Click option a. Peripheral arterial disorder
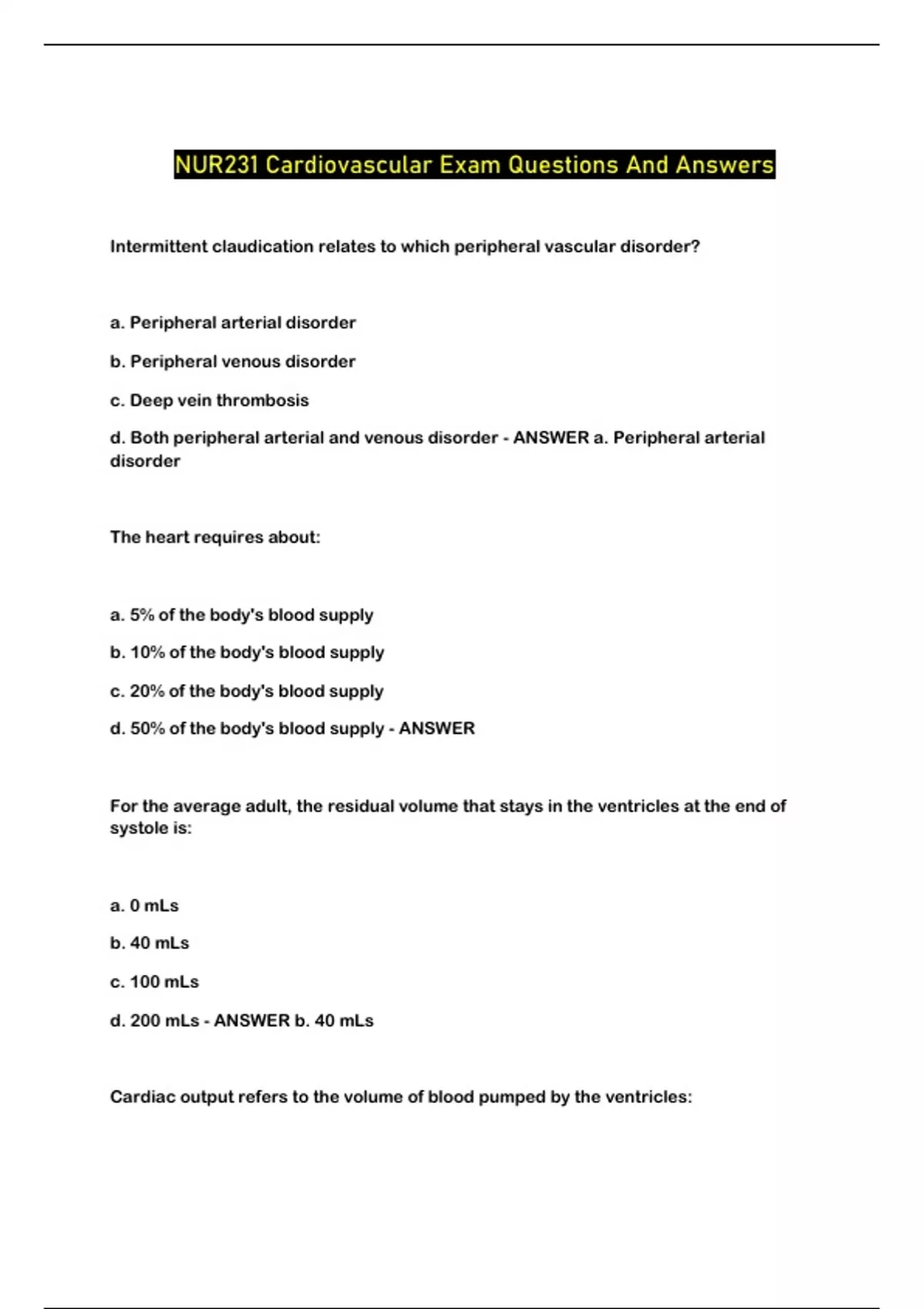pyautogui.click(x=233, y=323)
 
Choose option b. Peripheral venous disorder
pyautogui.click(x=233, y=362)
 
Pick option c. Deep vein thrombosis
pyautogui.click(x=209, y=400)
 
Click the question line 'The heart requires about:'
pyautogui.click(x=215, y=537)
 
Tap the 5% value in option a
pyautogui.click(x=142, y=615)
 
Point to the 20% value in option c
pyautogui.click(x=147, y=691)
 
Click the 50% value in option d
pyautogui.click(x=147, y=728)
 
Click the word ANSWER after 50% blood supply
pyautogui.click(x=437, y=728)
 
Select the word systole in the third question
pyautogui.click(x=136, y=829)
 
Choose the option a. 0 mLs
pyautogui.click(x=144, y=906)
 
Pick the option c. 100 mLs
pyautogui.click(x=154, y=983)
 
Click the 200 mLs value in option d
pyautogui.click(x=164, y=1021)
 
